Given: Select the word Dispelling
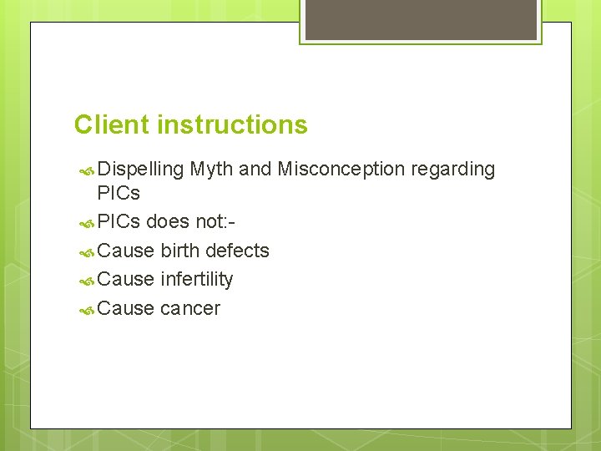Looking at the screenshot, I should pyautogui.click(x=140, y=170).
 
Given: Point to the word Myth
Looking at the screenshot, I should pyautogui.click(x=211, y=170).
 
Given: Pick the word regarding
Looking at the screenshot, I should pyautogui.click(x=454, y=170).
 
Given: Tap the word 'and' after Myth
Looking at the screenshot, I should pyautogui.click(x=255, y=170).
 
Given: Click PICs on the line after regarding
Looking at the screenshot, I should pyautogui.click(x=119, y=193).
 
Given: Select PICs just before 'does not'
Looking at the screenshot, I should pyautogui.click(x=119, y=222).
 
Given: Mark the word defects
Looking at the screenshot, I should pyautogui.click(x=237, y=251).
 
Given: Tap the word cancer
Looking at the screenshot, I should pyautogui.click(x=190, y=308).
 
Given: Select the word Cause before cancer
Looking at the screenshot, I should pyautogui.click(x=125, y=308).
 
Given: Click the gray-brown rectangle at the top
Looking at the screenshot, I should pyautogui.click(x=421, y=19).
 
